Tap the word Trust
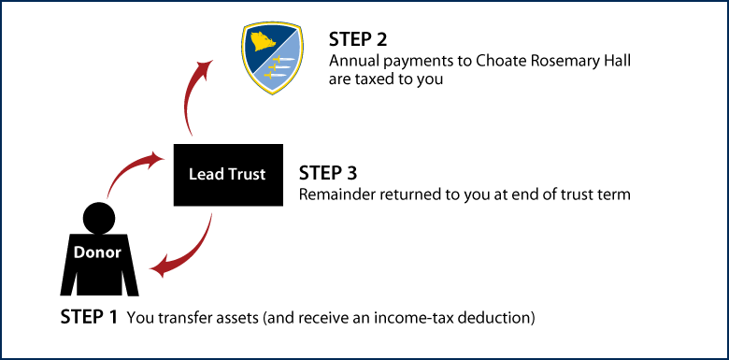pyautogui.click(x=245, y=175)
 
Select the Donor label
pyautogui.click(x=97, y=252)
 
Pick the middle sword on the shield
pyautogui.click(x=281, y=66)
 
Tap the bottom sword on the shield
pyautogui.click(x=276, y=75)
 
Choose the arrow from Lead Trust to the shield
pyautogui.click(x=191, y=98)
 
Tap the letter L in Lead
pyautogui.click(x=193, y=175)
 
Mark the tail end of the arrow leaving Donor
pyautogui.click(x=108, y=197)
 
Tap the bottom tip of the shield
pyautogui.click(x=271, y=94)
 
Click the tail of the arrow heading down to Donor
pyautogui.click(x=212, y=214)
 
